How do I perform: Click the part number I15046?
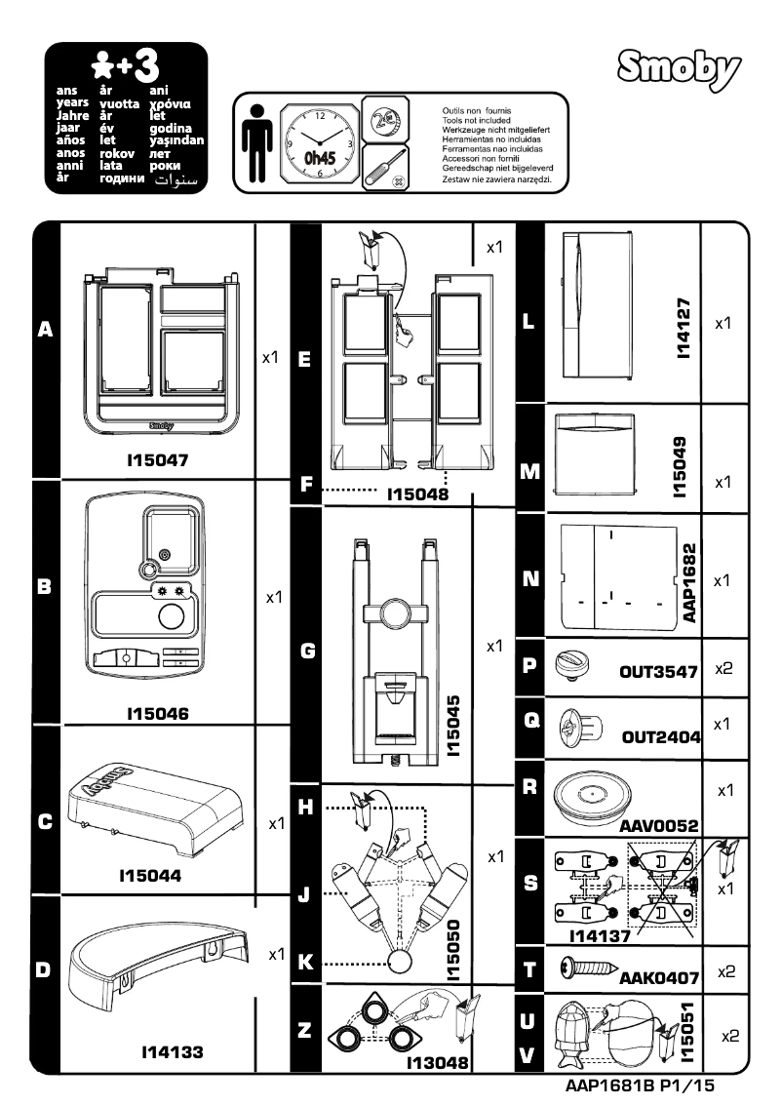pyautogui.click(x=157, y=714)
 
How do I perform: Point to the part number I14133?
pyautogui.click(x=173, y=1052)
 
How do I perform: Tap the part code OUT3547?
pyautogui.click(x=659, y=672)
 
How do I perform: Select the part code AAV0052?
pyautogui.click(x=659, y=826)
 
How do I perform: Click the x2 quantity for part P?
pyautogui.click(x=723, y=670)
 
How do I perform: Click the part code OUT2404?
pyautogui.click(x=661, y=737)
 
